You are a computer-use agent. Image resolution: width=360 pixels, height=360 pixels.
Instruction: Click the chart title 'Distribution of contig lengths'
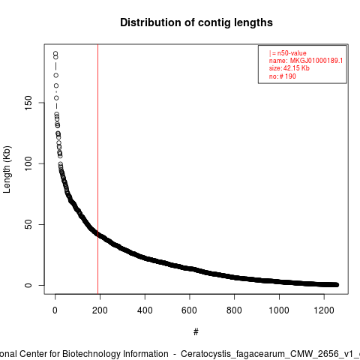[196, 22]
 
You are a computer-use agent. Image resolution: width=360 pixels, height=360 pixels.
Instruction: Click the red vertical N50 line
[97, 169]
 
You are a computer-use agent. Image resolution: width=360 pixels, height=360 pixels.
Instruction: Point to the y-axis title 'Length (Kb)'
[7, 169]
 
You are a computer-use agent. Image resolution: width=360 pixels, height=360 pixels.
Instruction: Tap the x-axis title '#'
[196, 332]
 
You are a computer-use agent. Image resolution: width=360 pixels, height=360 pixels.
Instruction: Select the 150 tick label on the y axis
[28, 103]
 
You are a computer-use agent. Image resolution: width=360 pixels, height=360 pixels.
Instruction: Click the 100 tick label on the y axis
[28, 163]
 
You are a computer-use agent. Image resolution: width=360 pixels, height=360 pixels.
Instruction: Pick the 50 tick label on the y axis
[28, 224]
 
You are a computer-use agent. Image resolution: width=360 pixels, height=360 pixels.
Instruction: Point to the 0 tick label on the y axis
[28, 285]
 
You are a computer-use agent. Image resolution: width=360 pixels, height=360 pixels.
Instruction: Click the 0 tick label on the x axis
[55, 310]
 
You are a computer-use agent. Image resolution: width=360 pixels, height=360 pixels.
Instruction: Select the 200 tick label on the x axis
[100, 310]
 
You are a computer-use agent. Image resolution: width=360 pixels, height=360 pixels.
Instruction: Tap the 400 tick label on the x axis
[145, 310]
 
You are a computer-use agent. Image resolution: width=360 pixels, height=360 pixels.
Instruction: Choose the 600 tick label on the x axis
[190, 310]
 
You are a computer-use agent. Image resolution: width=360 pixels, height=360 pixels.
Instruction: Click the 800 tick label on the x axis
[234, 310]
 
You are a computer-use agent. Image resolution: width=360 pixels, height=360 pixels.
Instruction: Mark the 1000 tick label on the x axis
[279, 310]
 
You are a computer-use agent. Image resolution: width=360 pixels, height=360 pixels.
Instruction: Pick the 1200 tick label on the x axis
[324, 310]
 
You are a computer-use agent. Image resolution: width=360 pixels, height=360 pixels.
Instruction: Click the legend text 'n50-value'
[292, 53]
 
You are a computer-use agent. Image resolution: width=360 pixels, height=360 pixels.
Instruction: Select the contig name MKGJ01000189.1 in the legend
[316, 61]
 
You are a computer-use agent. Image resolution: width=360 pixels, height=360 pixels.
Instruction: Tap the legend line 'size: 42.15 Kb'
[289, 68]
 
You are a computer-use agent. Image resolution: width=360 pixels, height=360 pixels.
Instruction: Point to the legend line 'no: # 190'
[283, 76]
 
